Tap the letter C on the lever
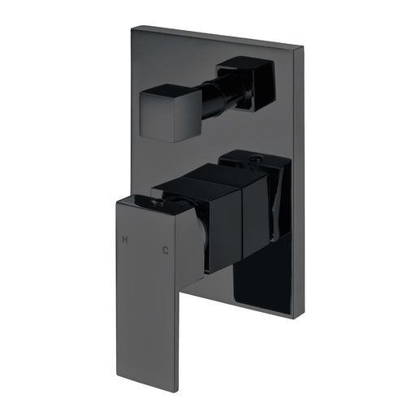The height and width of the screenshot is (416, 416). coord(166,251)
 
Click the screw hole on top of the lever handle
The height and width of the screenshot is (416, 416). coord(156,198)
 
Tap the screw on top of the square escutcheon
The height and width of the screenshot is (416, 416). coord(253,158)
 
